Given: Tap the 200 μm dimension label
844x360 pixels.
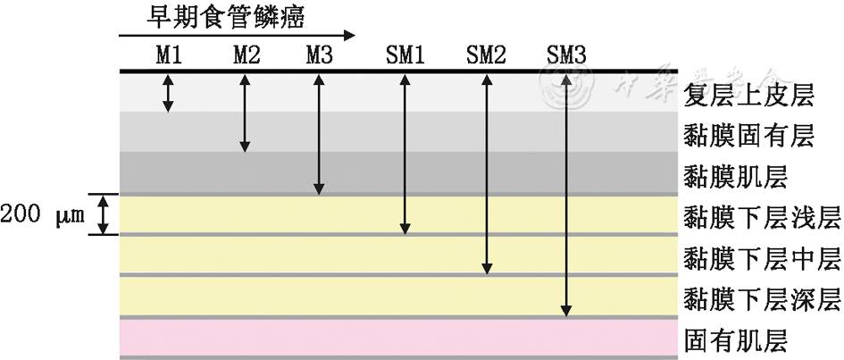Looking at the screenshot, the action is click(42, 215).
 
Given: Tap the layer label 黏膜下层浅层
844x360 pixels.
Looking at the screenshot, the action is click(762, 217).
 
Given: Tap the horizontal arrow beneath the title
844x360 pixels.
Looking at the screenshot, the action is click(237, 36).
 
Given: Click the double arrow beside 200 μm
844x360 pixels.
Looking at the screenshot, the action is click(104, 215).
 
